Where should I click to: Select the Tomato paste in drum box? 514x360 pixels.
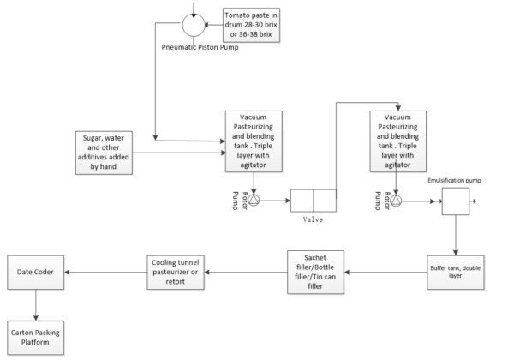point(250,23)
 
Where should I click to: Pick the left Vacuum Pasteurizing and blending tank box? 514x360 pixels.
point(254,140)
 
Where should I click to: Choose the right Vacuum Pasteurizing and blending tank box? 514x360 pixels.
point(398,140)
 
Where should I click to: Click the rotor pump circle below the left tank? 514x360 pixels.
point(254,200)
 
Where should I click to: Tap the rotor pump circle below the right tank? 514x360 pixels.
point(398,200)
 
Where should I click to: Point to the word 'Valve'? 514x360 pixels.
point(314,219)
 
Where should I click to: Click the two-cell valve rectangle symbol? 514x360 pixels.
point(314,201)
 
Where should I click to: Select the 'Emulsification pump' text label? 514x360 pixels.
point(456,181)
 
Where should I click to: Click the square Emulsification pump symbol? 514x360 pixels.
point(455,202)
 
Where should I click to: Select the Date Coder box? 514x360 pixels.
point(37,273)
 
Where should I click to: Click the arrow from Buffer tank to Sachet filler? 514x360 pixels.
point(386,273)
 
